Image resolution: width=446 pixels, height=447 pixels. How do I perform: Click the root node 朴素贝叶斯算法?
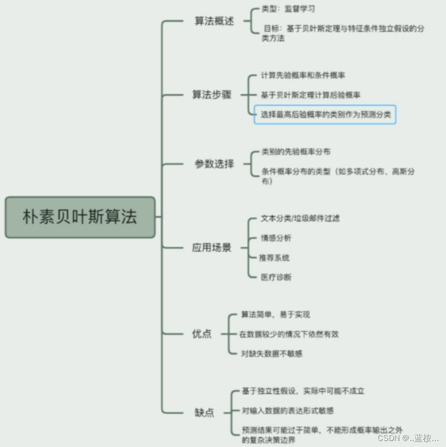(80, 217)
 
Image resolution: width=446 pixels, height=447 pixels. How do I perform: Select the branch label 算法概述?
(214, 22)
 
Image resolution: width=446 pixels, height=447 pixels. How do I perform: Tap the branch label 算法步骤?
(212, 95)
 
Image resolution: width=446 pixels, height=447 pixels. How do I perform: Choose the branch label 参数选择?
(214, 164)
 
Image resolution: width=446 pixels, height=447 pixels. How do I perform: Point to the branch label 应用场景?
(212, 247)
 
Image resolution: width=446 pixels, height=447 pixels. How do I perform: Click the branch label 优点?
(202, 334)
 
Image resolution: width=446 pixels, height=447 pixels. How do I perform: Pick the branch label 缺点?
(204, 412)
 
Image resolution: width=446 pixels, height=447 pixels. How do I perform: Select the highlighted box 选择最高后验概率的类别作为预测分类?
(325, 114)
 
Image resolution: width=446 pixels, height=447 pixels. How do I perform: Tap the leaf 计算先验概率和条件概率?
(303, 75)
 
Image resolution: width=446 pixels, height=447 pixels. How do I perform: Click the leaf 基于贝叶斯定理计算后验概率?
(310, 94)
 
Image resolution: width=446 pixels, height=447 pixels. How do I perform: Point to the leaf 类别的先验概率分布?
(296, 151)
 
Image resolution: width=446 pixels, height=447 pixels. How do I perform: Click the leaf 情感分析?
(276, 238)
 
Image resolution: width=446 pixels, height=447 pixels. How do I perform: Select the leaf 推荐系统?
(274, 257)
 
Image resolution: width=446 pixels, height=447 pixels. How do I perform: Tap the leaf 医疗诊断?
(276, 277)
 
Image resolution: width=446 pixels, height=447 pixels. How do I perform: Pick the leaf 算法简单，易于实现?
(275, 315)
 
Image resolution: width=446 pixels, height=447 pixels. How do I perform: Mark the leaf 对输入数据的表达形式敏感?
(288, 410)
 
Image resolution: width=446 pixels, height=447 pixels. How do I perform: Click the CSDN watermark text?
(408, 438)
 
